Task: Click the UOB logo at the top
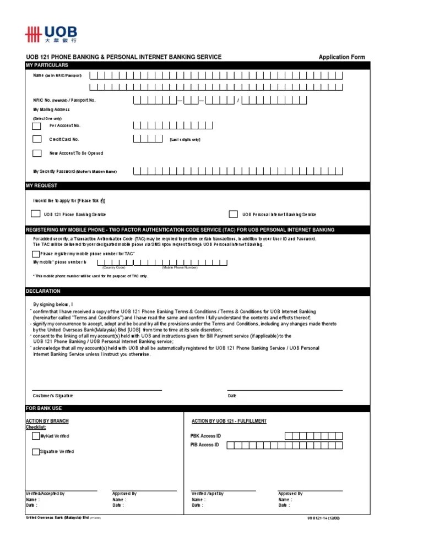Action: coord(51,35)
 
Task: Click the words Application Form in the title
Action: coord(341,57)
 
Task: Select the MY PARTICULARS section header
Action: coord(47,65)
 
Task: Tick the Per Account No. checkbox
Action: coord(37,125)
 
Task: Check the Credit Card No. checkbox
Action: coord(37,139)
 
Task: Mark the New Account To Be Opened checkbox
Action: coord(37,153)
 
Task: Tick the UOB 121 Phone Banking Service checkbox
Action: coord(35,214)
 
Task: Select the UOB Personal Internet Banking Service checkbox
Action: coord(233,214)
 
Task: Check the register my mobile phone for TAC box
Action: coord(36,254)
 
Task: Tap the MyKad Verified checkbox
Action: coord(36,436)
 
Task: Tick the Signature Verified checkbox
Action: coord(36,451)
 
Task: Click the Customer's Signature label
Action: coord(53,396)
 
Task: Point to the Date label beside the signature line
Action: coord(232,396)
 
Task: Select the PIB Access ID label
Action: coord(204,445)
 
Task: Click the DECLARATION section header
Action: coord(43,291)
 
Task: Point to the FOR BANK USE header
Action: coord(44,408)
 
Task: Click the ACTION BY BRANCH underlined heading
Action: coord(47,421)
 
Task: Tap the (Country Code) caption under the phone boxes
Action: coord(113,267)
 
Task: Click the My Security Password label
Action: coord(75,171)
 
